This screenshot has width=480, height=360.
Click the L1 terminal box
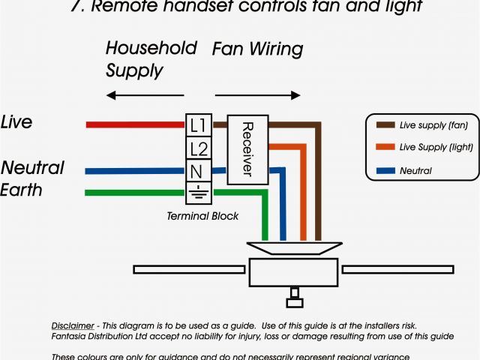(198, 124)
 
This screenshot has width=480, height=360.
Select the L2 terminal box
(198, 148)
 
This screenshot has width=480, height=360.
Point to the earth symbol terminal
(198, 191)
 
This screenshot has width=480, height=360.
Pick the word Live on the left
(16, 122)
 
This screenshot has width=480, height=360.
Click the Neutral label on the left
(32, 167)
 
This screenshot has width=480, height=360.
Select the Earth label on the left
(22, 190)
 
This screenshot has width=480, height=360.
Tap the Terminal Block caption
(202, 216)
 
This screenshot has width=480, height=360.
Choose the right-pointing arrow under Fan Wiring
(258, 96)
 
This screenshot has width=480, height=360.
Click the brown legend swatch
(385, 125)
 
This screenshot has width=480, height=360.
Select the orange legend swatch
(385, 148)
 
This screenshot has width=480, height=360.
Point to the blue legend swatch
(385, 171)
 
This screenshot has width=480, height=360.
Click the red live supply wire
(135, 124)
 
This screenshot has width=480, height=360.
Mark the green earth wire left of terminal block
(135, 193)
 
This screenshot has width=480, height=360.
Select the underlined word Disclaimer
(73, 325)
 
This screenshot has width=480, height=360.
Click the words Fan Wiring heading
(257, 50)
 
